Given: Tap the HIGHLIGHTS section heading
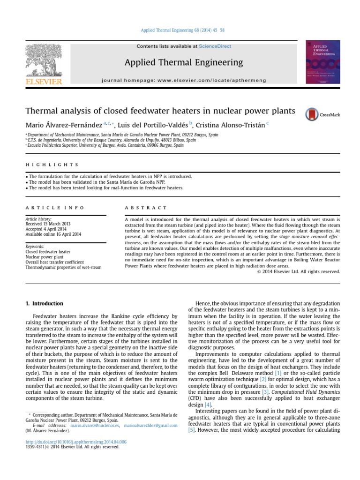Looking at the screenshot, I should pyautogui.click(x=52, y=165).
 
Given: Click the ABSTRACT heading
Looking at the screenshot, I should pyautogui.click(x=146, y=208).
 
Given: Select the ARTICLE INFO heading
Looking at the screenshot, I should pyautogui.click(x=55, y=208).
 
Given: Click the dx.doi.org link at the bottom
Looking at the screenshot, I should pyautogui.click(x=76, y=442).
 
